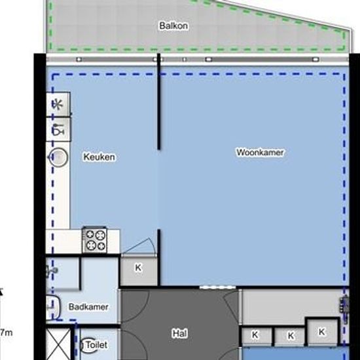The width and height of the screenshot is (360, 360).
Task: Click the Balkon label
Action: click(173, 26)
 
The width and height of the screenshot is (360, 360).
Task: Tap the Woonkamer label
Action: click(260, 153)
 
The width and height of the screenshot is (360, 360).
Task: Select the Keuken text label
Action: click(99, 157)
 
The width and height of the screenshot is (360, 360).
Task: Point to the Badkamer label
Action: click(88, 307)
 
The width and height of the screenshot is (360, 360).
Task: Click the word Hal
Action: click(180, 333)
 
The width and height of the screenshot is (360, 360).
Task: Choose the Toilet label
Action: click(96, 344)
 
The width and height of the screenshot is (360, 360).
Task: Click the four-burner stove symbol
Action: click(95, 240)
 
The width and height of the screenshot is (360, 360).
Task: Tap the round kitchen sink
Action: click(58, 157)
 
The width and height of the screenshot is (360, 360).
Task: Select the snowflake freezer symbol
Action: click(58, 105)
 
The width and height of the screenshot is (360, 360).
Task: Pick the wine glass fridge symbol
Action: click(58, 130)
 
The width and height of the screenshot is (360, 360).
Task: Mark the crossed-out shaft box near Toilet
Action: click(59, 344)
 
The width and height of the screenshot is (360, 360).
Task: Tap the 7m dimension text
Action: click(6, 333)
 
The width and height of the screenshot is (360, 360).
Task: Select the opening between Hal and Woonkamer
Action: click(218, 287)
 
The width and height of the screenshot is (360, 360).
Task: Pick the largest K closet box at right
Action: click(322, 332)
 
